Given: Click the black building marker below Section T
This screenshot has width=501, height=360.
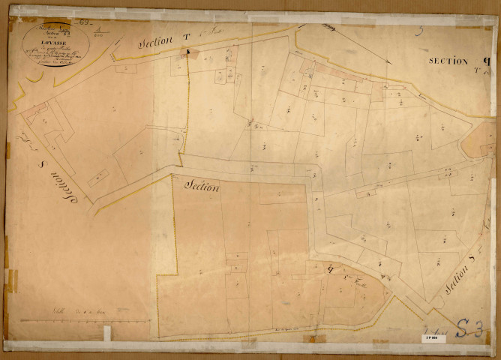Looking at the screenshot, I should [x=189, y=52].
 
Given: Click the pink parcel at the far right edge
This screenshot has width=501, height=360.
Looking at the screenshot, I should [x=478, y=139].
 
